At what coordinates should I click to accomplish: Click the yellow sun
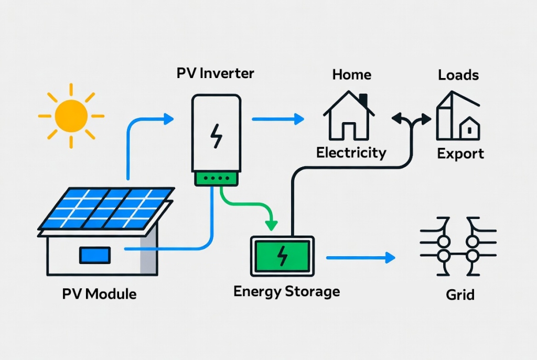pyautogui.click(x=71, y=116)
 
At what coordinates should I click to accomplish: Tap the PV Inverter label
pyautogui.click(x=215, y=73)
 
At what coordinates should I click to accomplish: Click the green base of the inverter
pyautogui.click(x=216, y=178)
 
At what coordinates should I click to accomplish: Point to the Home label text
pyautogui.click(x=351, y=75)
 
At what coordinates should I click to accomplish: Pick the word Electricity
pyautogui.click(x=351, y=153)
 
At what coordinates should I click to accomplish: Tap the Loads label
pyautogui.click(x=458, y=75)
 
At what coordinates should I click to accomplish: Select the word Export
pyautogui.click(x=460, y=154)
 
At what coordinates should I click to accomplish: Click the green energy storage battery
pyautogui.click(x=282, y=256)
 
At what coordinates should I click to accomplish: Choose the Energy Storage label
pyautogui.click(x=286, y=291)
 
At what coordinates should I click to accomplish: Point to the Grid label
pyautogui.click(x=460, y=294)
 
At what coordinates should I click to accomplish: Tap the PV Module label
pyautogui.click(x=99, y=293)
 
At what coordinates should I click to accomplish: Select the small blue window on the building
pyautogui.click(x=94, y=255)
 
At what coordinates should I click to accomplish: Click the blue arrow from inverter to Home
pyautogui.click(x=278, y=119)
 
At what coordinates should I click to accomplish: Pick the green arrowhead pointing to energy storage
pyautogui.click(x=271, y=225)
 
